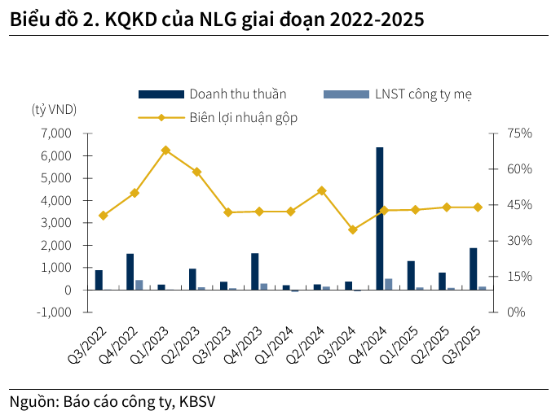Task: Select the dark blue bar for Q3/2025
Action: [473, 269]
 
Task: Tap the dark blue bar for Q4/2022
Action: [130, 272]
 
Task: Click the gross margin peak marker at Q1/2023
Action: [165, 151]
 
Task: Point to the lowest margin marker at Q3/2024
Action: [352, 229]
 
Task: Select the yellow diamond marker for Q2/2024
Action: [321, 190]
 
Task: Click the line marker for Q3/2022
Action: [103, 216]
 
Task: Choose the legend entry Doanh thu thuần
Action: [237, 94]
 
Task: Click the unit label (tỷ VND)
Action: [54, 110]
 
